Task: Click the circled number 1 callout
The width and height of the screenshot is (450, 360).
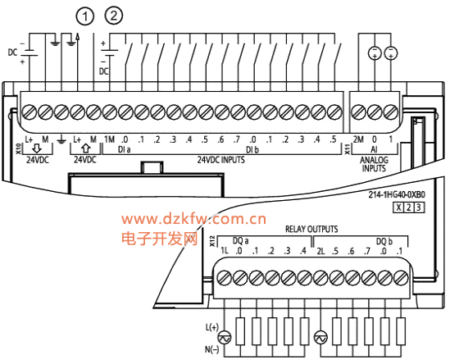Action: tap(85, 16)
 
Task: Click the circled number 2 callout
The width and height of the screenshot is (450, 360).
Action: tap(114, 16)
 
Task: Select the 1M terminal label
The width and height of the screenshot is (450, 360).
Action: tap(109, 139)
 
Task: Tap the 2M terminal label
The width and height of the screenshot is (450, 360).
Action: tap(358, 139)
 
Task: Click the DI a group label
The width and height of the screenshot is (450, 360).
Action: tap(125, 149)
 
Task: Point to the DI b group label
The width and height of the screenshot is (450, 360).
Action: tap(252, 149)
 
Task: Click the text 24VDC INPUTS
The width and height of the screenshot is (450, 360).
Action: tap(220, 160)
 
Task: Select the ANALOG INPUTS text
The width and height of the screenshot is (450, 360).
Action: tap(374, 164)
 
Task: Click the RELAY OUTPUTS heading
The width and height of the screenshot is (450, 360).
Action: tap(311, 229)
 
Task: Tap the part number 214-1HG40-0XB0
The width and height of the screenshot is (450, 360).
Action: tap(397, 194)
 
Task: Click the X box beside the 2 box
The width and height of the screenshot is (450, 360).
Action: tap(398, 207)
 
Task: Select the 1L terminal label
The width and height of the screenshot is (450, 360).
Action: tap(225, 251)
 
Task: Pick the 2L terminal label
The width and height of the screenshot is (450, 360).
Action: tap(320, 252)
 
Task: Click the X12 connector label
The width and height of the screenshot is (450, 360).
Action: tap(212, 241)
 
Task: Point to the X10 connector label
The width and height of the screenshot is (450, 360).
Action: tap(18, 148)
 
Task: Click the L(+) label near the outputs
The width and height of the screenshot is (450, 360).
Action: tap(211, 327)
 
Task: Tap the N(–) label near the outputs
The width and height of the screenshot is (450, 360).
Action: tap(211, 349)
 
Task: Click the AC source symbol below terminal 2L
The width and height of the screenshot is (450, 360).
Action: tap(320, 338)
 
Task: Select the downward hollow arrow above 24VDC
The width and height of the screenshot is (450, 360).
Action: tap(37, 148)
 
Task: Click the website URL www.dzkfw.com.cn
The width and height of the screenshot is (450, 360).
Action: tap(193, 219)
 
